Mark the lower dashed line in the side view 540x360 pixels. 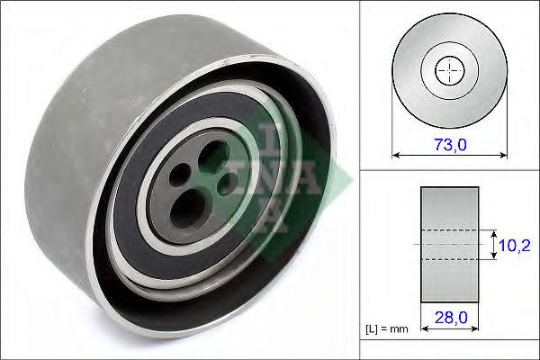(447, 259)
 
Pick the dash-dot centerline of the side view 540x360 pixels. (447, 244)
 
